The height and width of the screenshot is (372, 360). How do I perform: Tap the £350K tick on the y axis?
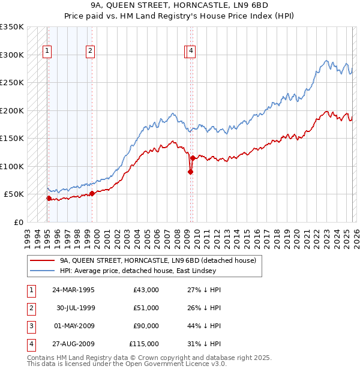pos(12,27)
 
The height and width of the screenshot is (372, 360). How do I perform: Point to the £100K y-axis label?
pos(12,166)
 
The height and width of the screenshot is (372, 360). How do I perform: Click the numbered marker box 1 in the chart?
pos(47,52)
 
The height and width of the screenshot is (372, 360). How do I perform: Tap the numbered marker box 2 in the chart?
pos(90,52)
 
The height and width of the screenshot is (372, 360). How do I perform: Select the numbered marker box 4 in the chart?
pos(191,52)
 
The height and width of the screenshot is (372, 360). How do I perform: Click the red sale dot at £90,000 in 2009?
pos(190,172)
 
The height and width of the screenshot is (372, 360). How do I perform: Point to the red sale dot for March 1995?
pos(49,198)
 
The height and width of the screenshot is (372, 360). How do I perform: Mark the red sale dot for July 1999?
pos(92,193)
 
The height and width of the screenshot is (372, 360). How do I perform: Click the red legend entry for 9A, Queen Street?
pos(158,260)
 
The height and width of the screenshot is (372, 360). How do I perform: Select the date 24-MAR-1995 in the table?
pos(73,290)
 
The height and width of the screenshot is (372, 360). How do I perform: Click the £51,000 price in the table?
pos(146,308)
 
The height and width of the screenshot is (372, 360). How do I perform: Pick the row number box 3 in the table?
pos(31,326)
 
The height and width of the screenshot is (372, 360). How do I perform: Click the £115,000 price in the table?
pos(144,344)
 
